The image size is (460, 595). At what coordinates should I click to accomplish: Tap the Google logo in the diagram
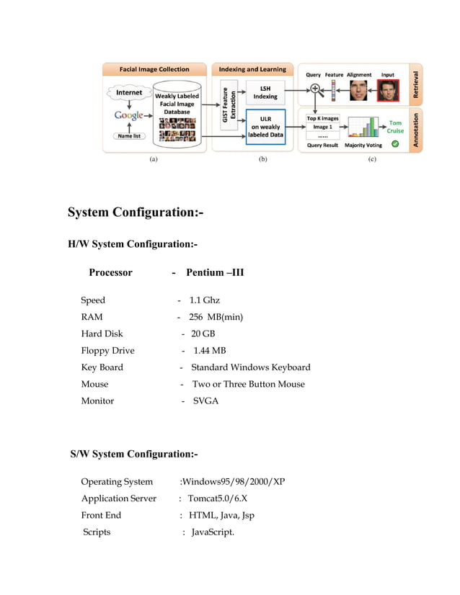(x=128, y=116)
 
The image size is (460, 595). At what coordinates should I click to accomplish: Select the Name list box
(x=128, y=136)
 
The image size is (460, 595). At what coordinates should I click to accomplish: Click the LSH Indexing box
(x=265, y=92)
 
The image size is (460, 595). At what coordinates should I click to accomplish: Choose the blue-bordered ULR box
(x=265, y=126)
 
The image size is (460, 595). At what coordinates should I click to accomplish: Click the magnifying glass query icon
(x=315, y=89)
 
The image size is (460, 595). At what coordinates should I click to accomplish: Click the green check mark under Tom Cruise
(x=394, y=144)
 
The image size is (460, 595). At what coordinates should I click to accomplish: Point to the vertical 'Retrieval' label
(x=416, y=85)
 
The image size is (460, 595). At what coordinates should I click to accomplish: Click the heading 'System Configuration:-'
(x=136, y=212)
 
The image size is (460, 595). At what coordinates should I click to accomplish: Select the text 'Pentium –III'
(x=215, y=272)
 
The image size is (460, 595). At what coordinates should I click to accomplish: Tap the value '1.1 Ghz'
(x=204, y=300)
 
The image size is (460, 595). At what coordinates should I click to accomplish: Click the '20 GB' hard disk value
(x=203, y=334)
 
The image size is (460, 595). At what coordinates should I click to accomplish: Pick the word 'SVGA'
(x=205, y=401)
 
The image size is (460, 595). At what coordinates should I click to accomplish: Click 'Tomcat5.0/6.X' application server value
(x=217, y=498)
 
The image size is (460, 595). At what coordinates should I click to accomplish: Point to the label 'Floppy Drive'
(x=107, y=351)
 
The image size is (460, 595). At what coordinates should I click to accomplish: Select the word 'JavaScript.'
(x=213, y=532)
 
